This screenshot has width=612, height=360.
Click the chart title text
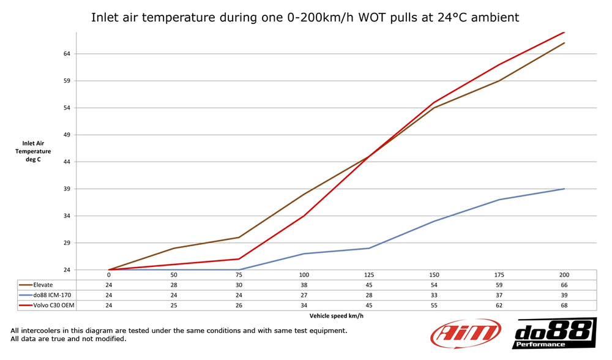pyautogui.click(x=305, y=17)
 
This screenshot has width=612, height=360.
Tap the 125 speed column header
pyautogui.click(x=368, y=275)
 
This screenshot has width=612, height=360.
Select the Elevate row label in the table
pyautogui.click(x=43, y=285)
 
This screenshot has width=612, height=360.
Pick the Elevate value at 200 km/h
pyautogui.click(x=564, y=285)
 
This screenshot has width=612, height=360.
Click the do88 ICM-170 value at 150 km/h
pyautogui.click(x=434, y=294)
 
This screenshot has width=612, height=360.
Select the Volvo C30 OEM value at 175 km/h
pyautogui.click(x=499, y=304)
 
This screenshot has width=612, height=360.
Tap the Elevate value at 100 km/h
pyautogui.click(x=304, y=285)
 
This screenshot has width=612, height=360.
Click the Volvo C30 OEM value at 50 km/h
pyautogui.click(x=174, y=304)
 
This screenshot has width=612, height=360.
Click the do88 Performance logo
pyautogui.click(x=554, y=334)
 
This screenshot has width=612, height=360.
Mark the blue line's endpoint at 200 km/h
pyautogui.click(x=564, y=189)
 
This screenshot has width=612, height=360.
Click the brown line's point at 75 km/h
pyautogui.click(x=239, y=238)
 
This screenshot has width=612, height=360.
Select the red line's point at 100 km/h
pyautogui.click(x=304, y=216)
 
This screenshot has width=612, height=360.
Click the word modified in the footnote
pyautogui.click(x=111, y=339)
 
